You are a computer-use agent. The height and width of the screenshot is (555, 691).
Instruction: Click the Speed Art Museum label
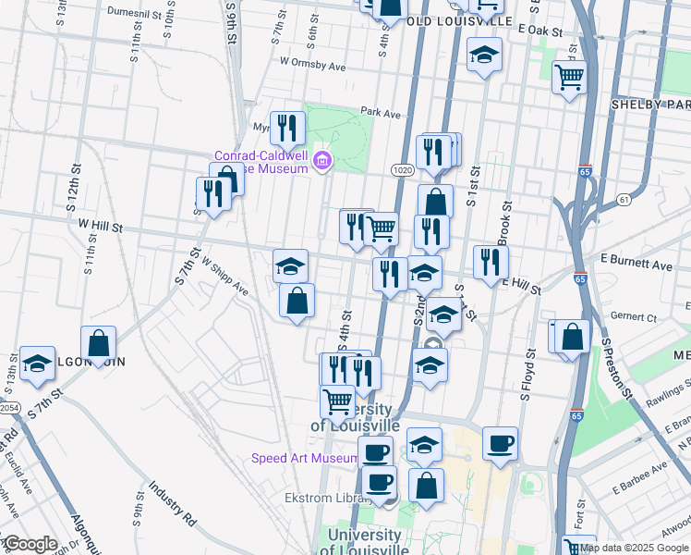[304, 459]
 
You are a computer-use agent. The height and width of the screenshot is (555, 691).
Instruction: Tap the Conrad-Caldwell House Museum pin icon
[322, 163]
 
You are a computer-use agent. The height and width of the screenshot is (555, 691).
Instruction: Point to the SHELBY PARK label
[650, 105]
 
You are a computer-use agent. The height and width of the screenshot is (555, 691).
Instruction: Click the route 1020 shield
[401, 170]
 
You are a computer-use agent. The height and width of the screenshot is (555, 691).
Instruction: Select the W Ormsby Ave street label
[312, 67]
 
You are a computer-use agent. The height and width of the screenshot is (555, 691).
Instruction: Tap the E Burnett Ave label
[636, 265]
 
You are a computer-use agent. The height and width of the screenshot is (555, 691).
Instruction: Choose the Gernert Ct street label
[633, 316]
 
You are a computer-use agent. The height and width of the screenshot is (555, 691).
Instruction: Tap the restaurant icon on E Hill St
[491, 263]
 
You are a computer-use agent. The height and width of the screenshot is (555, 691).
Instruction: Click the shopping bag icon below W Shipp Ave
[297, 301]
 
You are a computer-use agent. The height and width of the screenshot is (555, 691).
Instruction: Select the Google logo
[30, 544]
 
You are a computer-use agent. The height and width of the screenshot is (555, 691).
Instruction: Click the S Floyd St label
[527, 374]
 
